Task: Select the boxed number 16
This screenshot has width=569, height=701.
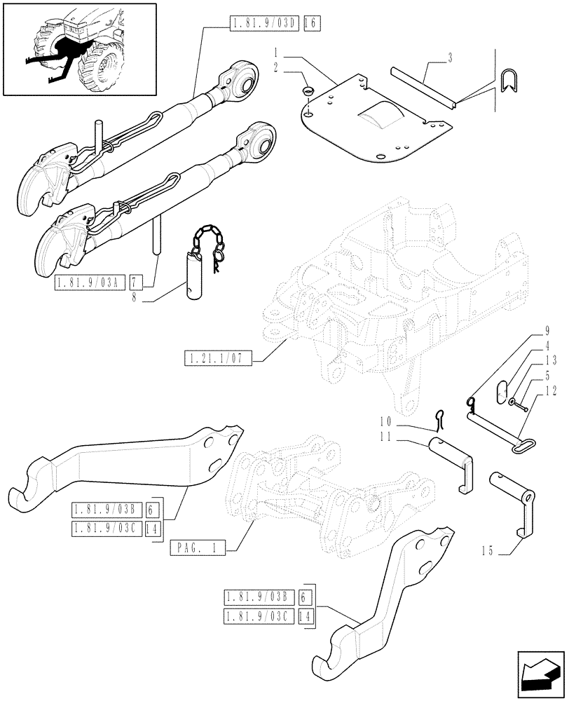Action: click(312, 23)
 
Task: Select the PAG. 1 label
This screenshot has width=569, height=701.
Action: click(198, 549)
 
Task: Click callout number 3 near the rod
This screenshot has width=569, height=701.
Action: click(449, 58)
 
